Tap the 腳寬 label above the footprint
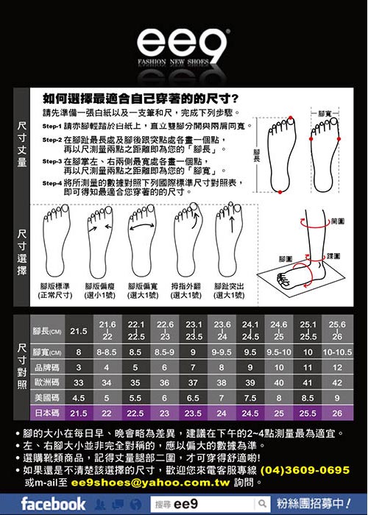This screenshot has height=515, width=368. tap(325, 113)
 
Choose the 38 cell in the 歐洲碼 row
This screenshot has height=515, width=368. tap(222, 383)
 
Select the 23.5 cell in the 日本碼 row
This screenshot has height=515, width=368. tap(194, 413)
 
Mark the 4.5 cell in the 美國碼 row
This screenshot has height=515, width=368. tap(78, 398)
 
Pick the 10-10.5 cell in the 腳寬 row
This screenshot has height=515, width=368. tap(337, 352)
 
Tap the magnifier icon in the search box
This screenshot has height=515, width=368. tap(261, 504)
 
